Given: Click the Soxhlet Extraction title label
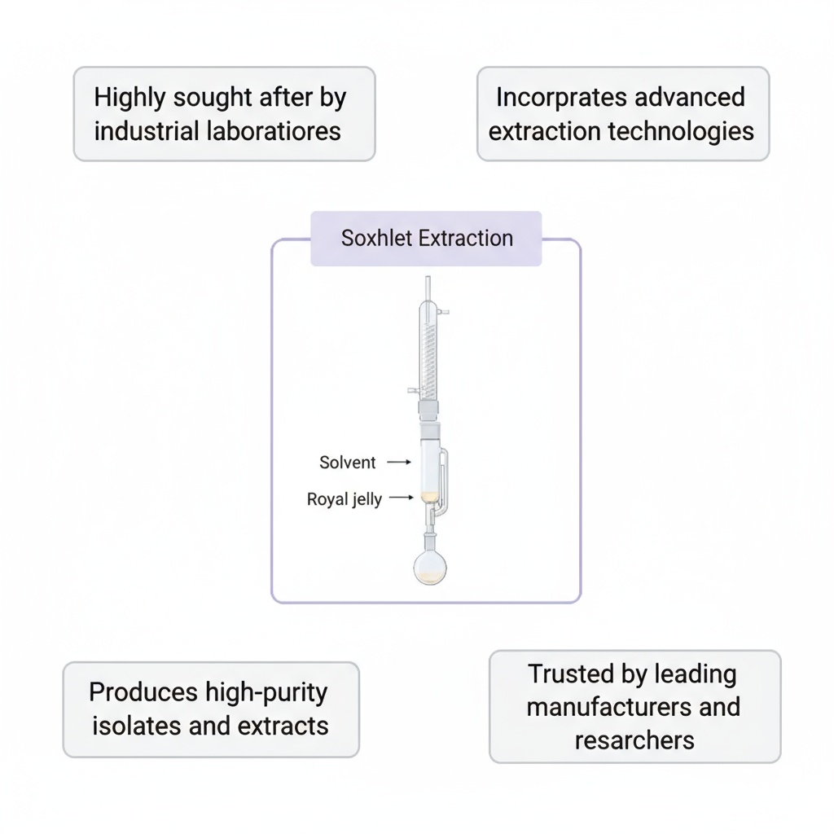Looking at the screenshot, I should point(427,239).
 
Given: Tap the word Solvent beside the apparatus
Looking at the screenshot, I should point(348,463).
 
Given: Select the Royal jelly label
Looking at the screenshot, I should point(344,499).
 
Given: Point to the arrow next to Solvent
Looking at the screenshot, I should point(398,462).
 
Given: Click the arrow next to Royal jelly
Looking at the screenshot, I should point(402,498).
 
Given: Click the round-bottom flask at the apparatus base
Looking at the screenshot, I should point(430,567).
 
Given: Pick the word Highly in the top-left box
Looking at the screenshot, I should point(123,98).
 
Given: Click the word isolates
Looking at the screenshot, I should point(137,726).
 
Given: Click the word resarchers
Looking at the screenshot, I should point(634,740).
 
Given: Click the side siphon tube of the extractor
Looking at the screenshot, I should point(443,481).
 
